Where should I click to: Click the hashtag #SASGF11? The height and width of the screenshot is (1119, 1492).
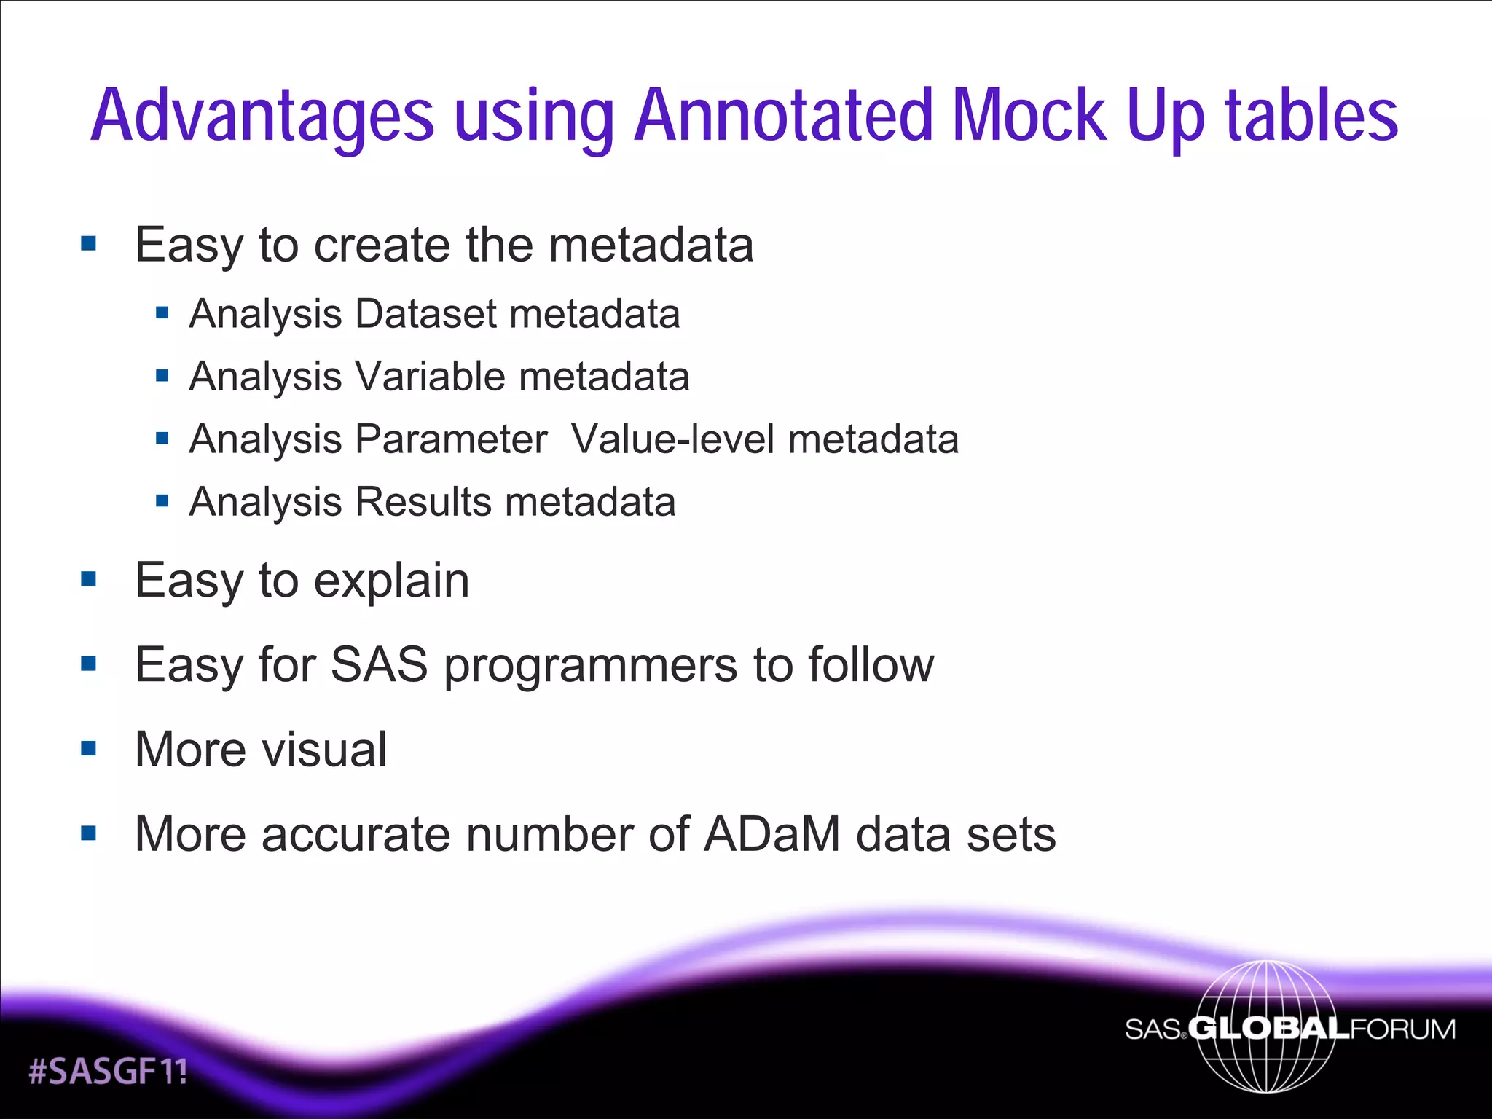point(108,1072)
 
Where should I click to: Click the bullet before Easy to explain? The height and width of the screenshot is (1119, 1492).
point(89,580)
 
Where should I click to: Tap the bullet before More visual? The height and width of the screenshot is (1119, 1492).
point(89,748)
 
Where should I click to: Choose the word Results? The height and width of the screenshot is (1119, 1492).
point(423,502)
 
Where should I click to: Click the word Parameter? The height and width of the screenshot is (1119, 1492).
point(451,439)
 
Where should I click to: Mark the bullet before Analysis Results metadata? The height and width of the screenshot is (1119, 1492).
point(162,501)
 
